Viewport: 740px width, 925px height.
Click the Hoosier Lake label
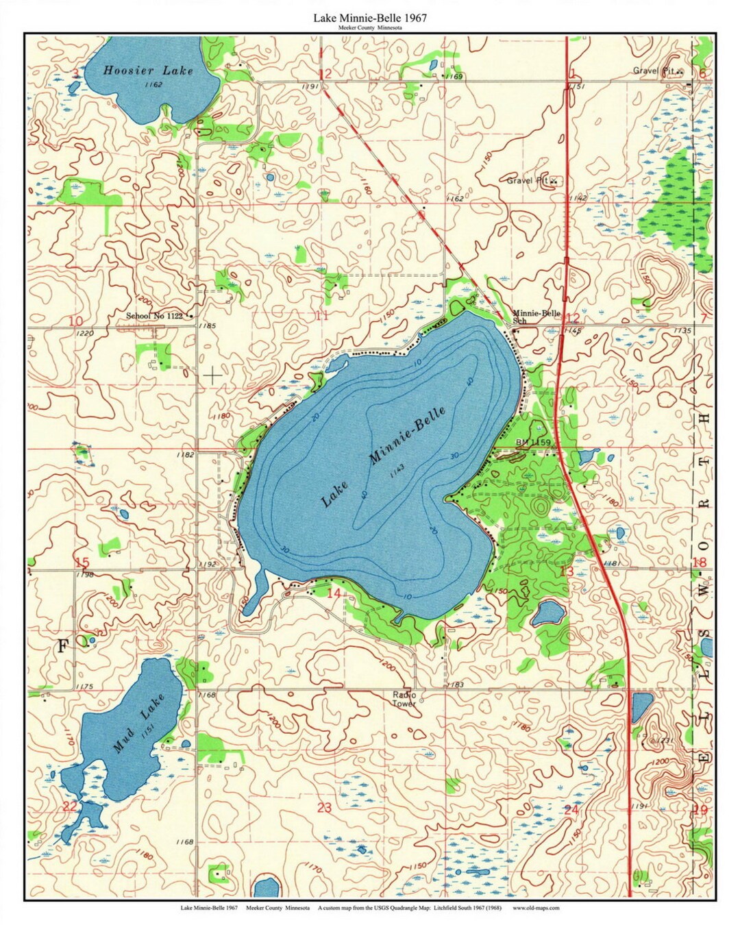[148, 70]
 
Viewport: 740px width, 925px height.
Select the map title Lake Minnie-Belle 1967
[370, 18]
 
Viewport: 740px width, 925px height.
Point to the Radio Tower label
[404, 699]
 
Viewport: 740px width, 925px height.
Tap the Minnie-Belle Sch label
[536, 317]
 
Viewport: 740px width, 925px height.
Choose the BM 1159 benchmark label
[533, 443]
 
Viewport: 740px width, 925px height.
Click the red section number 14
[333, 593]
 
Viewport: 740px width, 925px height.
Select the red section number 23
[324, 808]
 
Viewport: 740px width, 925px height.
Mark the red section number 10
[75, 321]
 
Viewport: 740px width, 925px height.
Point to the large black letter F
[63, 646]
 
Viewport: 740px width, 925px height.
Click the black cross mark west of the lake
[213, 375]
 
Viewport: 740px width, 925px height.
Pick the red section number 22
[70, 806]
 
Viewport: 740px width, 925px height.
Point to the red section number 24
[571, 810]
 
